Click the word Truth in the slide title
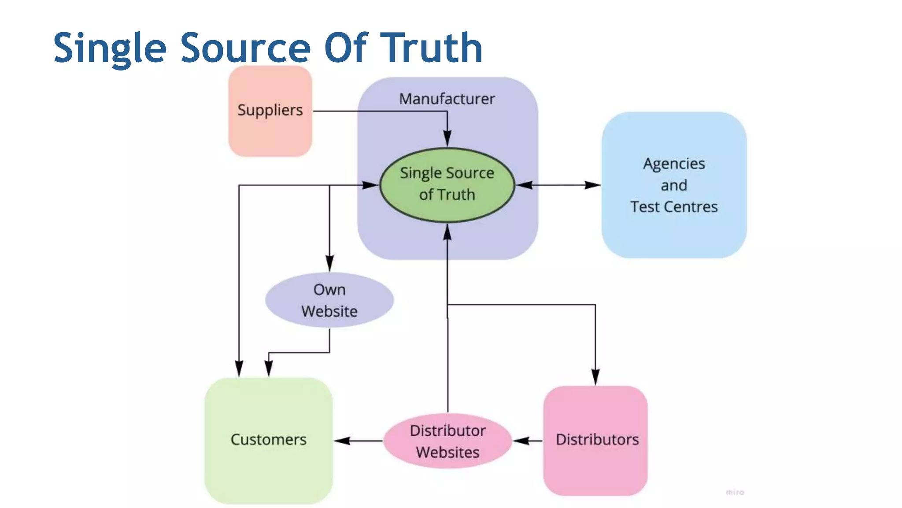pyautogui.click(x=432, y=48)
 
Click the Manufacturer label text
pyautogui.click(x=447, y=99)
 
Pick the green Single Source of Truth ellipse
pyautogui.click(x=447, y=184)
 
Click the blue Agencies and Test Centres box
pyautogui.click(x=674, y=185)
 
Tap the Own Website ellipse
pyautogui.click(x=329, y=300)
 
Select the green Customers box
pyautogui.click(x=268, y=440)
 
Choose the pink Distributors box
pyautogui.click(x=595, y=440)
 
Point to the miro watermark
pyautogui.click(x=735, y=492)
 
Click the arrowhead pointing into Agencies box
pyautogui.click(x=593, y=185)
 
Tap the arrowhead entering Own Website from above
pyautogui.click(x=329, y=263)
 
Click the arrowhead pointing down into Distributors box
pyautogui.click(x=595, y=377)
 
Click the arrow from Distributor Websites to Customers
pyautogui.click(x=358, y=441)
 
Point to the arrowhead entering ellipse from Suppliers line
pyautogui.click(x=447, y=138)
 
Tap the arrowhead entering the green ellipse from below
pyautogui.click(x=447, y=232)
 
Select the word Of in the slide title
pyautogui.click(x=346, y=48)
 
